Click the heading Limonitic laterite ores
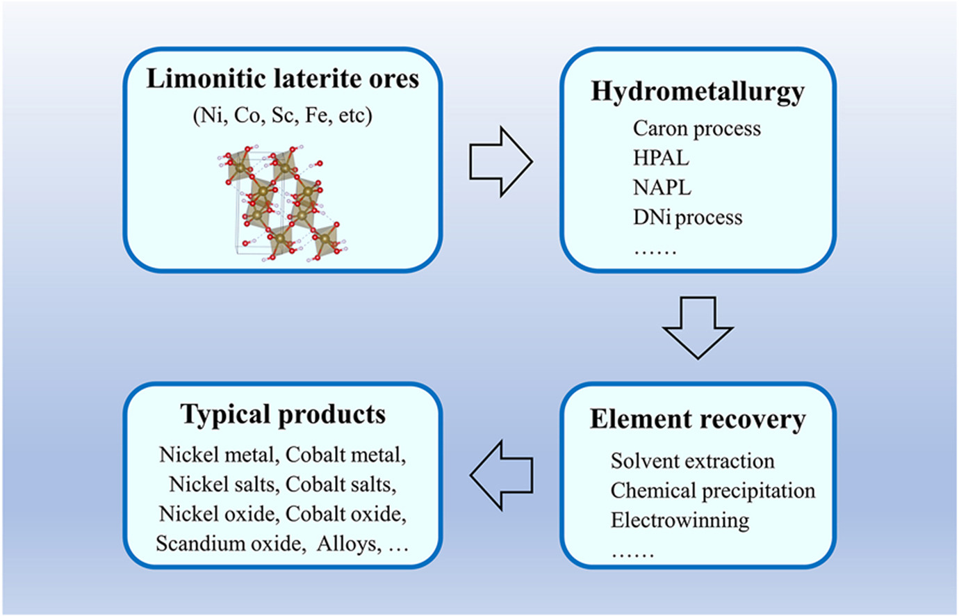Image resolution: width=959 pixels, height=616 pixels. (x=282, y=79)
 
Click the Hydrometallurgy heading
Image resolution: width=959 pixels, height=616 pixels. (x=697, y=92)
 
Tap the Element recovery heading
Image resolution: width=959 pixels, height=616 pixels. (x=697, y=419)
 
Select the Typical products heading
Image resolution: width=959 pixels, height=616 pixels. (x=283, y=414)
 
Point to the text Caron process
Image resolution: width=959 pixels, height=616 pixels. (x=696, y=129)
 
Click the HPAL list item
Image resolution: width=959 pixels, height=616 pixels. (x=661, y=158)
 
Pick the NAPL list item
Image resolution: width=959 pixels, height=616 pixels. (x=662, y=188)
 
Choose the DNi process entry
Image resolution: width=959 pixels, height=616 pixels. (x=687, y=218)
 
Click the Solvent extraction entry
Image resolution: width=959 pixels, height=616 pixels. (x=692, y=461)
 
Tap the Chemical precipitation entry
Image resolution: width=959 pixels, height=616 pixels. (x=712, y=491)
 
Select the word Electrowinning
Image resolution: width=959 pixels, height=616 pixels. (x=680, y=521)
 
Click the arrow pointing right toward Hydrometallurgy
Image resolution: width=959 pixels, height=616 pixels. (x=500, y=162)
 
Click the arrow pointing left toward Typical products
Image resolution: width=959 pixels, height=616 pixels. (x=502, y=475)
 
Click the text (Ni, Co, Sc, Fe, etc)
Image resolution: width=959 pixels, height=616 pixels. (x=282, y=115)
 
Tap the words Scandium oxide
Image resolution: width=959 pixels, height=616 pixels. (x=230, y=544)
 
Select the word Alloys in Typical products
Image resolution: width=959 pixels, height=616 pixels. (x=347, y=544)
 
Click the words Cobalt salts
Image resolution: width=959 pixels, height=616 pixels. (x=341, y=484)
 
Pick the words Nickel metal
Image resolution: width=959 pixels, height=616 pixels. (x=216, y=455)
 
